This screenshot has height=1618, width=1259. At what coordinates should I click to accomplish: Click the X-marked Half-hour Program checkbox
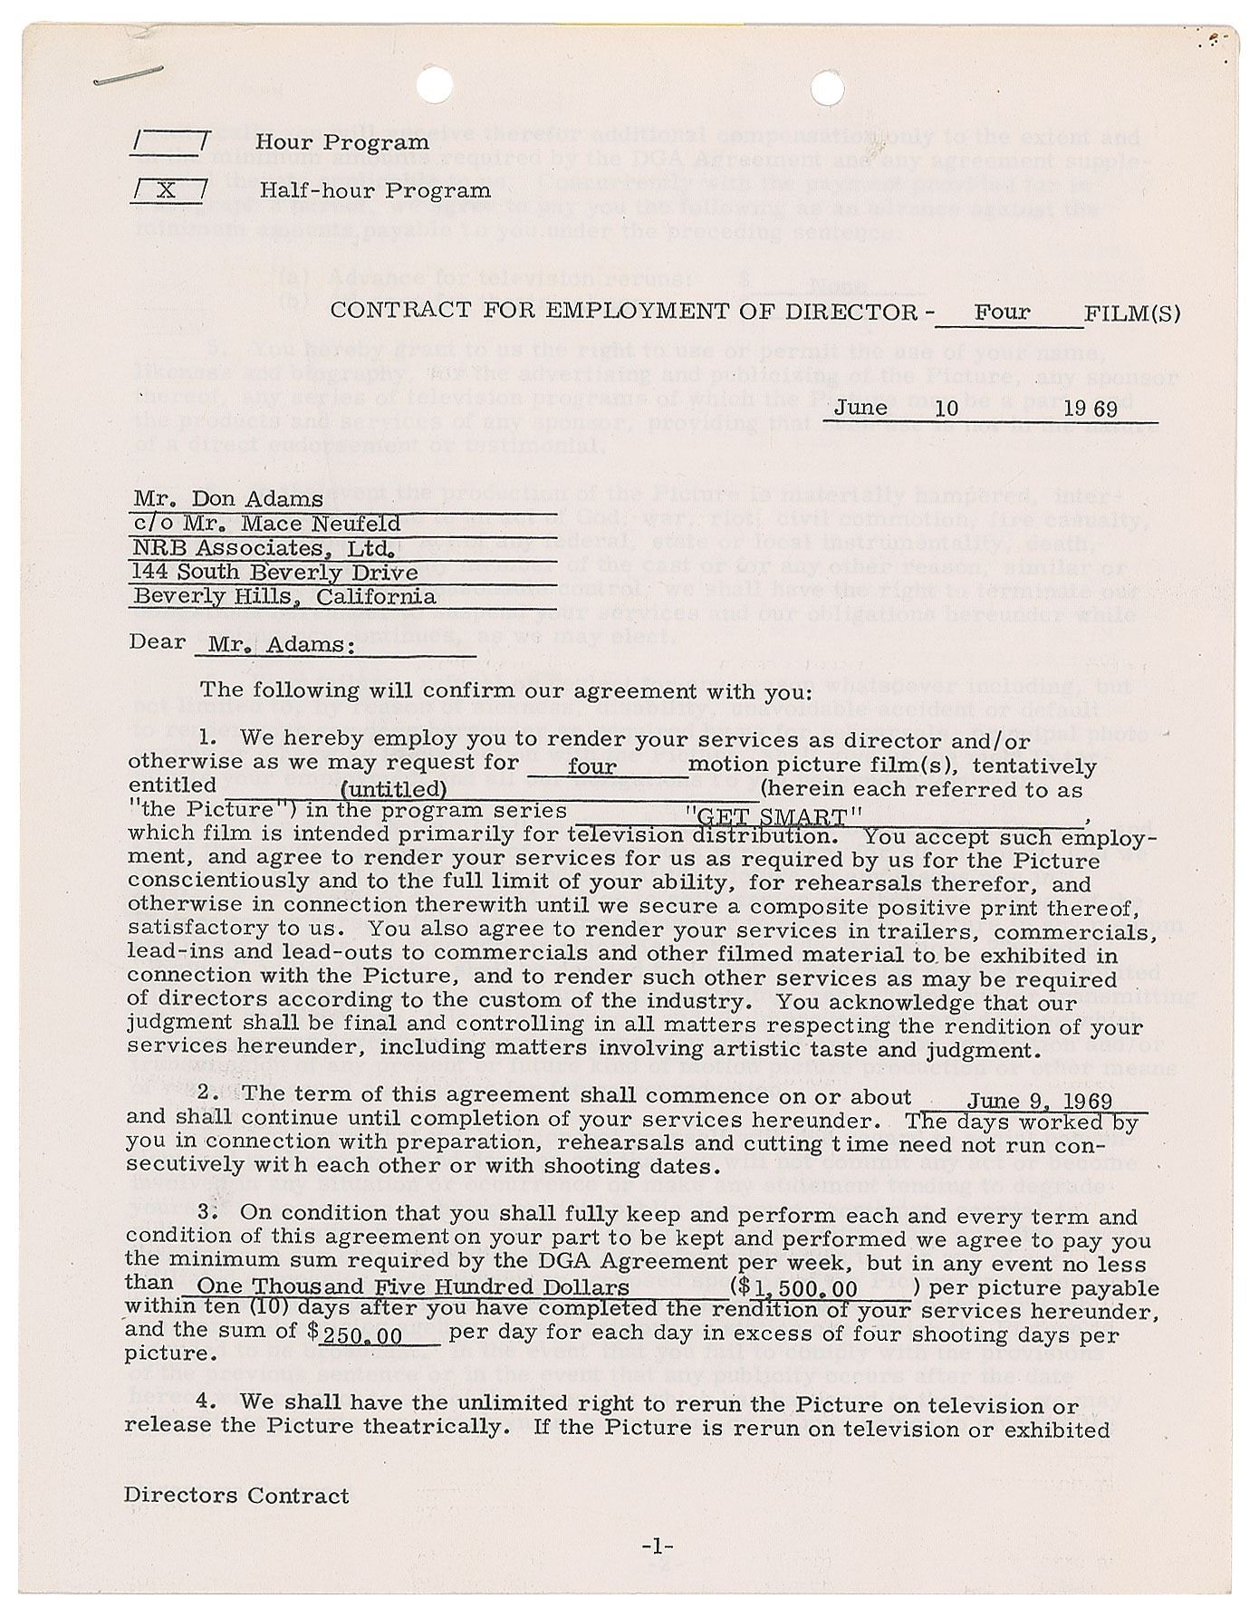[x=168, y=191]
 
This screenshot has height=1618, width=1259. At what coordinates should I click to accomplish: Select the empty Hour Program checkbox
[x=169, y=142]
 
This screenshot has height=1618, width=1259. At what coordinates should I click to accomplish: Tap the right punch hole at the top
[x=826, y=89]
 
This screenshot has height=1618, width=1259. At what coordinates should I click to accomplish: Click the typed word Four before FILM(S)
[x=1002, y=313]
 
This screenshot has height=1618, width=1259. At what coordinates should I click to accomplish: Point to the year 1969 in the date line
[x=1091, y=409]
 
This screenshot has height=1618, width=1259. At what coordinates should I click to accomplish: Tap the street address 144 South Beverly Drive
[x=274, y=573]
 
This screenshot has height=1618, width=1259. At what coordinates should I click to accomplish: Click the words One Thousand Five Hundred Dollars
[x=413, y=1287]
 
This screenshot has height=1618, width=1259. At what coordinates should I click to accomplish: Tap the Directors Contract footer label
[x=236, y=1496]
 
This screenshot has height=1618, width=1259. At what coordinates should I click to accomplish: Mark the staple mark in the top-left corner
[x=128, y=76]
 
